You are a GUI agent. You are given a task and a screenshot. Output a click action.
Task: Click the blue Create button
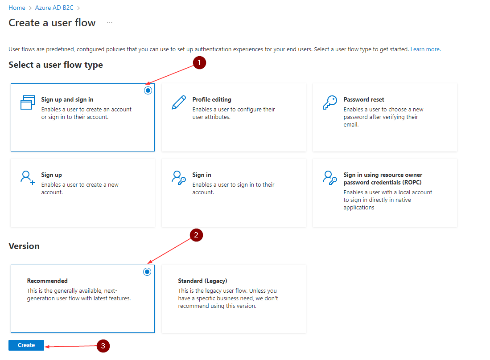(x=26, y=345)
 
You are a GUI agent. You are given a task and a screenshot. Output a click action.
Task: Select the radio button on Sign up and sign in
(x=148, y=90)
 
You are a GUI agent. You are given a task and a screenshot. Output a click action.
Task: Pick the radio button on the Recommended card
(x=147, y=272)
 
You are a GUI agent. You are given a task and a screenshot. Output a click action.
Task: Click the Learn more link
(x=425, y=49)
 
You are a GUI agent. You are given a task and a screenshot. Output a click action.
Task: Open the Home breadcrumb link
(x=17, y=8)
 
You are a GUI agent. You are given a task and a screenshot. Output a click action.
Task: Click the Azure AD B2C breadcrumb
(x=54, y=8)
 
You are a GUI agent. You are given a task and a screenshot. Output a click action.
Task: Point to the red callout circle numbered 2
(x=197, y=235)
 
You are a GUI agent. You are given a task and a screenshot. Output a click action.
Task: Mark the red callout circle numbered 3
(x=103, y=346)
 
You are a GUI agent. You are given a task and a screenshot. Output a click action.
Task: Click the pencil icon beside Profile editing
(x=178, y=102)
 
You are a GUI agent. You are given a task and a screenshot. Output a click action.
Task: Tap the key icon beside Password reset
(x=329, y=102)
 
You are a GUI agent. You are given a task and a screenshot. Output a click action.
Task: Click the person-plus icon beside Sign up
(x=27, y=177)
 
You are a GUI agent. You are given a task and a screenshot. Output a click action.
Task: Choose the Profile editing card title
(x=212, y=100)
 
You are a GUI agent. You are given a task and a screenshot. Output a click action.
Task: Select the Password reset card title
(x=364, y=100)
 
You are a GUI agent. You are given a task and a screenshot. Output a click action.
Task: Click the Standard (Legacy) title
(x=202, y=281)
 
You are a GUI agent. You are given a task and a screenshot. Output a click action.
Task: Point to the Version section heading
(x=24, y=246)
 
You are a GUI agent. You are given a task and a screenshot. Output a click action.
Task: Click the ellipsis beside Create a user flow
(x=110, y=23)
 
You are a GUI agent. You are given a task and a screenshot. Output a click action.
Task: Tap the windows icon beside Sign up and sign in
(x=27, y=102)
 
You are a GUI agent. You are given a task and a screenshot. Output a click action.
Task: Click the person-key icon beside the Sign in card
(x=178, y=177)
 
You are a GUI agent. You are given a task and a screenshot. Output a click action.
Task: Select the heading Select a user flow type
(x=56, y=65)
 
